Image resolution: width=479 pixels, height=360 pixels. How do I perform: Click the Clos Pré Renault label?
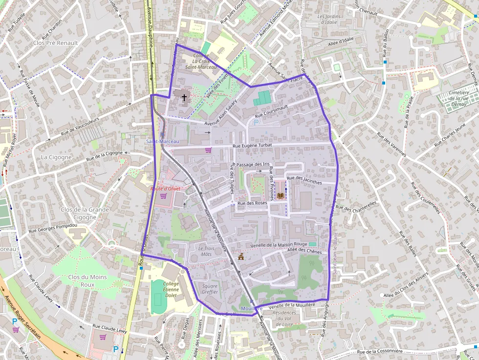point(55,43)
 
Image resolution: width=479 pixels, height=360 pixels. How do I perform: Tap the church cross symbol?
point(184,97)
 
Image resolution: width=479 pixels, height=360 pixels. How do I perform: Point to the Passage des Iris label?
point(253,165)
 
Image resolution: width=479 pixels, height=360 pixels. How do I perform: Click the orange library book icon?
point(280,196)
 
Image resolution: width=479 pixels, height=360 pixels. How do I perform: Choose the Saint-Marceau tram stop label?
point(163,141)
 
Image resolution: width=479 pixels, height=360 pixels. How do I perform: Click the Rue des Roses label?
point(252,203)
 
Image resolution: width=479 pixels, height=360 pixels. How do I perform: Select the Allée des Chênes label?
point(305,251)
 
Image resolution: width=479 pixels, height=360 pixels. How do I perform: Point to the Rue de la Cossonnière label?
point(379,351)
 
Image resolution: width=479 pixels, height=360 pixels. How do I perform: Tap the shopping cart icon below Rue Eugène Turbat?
point(208,150)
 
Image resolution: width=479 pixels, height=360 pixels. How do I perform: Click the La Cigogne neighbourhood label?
point(56,157)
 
